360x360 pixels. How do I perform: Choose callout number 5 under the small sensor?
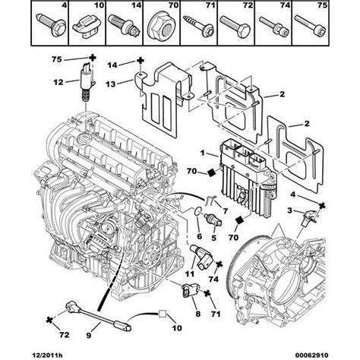[x=214, y=237]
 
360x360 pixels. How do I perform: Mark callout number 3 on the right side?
[x=289, y=208]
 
